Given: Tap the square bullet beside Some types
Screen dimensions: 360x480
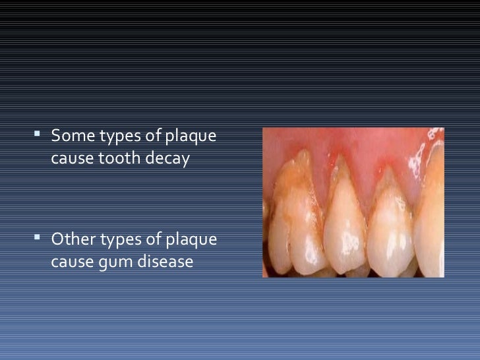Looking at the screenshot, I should tap(39, 136).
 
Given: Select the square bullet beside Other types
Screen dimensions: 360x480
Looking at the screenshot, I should tap(39, 237).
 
